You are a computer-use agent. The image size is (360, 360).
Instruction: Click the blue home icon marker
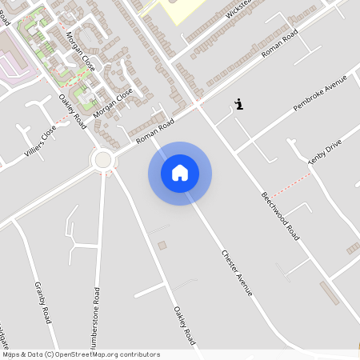click(180, 173)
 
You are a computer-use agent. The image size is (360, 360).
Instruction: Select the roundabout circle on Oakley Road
click(102, 160)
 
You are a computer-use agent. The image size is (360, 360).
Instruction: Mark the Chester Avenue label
click(237, 273)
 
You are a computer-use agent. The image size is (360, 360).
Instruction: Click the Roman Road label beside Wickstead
click(279, 47)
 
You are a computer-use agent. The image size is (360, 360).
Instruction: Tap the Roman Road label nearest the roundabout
click(154, 132)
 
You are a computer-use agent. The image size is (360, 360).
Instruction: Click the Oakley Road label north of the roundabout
click(72, 111)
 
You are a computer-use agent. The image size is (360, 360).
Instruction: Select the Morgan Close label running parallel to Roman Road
click(113, 105)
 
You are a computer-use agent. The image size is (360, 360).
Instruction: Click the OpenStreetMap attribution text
click(80, 354)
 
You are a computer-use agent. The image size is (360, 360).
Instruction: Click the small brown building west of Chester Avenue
click(162, 245)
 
